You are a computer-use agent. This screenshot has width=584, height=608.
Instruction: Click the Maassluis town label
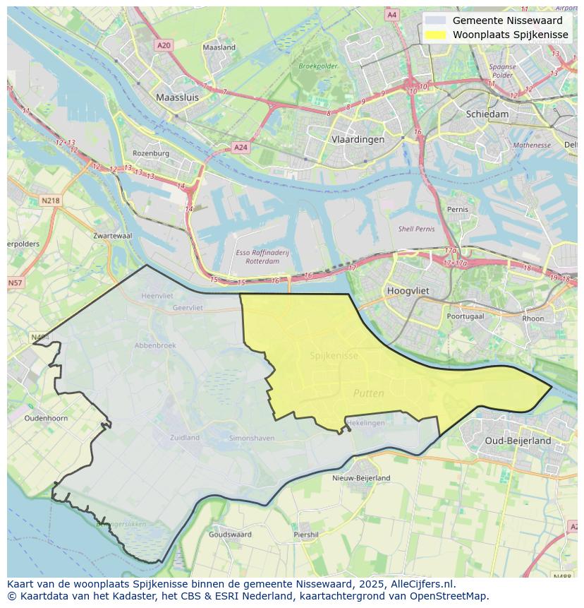tap(177, 97)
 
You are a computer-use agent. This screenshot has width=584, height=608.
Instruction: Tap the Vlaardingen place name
tap(358, 139)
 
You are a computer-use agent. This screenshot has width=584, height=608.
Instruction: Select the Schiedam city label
tap(487, 114)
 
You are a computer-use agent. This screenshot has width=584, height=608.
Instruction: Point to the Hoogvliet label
tap(408, 290)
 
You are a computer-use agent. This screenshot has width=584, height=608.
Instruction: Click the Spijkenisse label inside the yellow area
tap(334, 356)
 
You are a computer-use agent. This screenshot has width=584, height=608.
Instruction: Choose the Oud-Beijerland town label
tap(518, 441)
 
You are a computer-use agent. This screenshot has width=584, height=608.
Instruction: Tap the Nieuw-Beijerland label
tap(361, 478)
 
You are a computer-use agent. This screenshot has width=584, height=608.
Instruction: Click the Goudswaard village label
tap(230, 535)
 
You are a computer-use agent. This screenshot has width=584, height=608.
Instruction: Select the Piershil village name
tap(306, 535)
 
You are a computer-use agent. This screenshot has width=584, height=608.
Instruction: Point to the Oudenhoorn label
tap(46, 418)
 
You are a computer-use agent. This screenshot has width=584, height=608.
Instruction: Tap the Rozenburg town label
tap(151, 153)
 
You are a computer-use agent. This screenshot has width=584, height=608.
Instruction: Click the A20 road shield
tap(164, 45)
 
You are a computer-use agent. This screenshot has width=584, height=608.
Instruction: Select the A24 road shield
tap(241, 148)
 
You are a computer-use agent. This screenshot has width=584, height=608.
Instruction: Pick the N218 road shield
tap(51, 201)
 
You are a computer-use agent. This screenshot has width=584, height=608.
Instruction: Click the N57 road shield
tap(15, 283)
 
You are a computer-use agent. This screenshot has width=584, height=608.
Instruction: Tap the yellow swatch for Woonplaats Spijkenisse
tap(436, 35)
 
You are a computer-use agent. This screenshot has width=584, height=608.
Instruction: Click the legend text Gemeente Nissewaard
tap(507, 20)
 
